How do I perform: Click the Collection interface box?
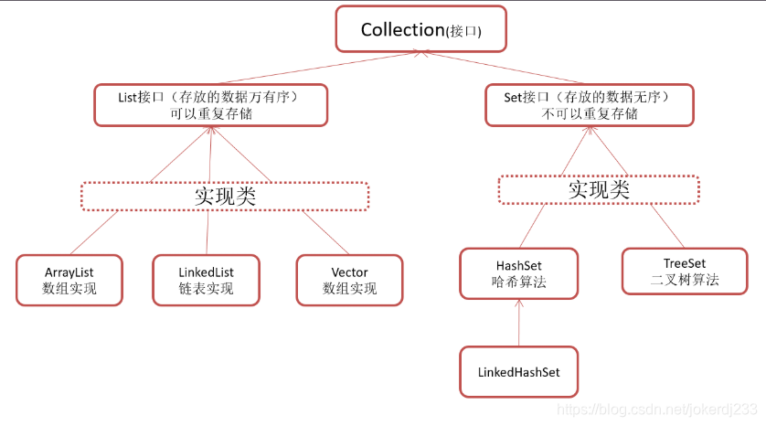point(420,29)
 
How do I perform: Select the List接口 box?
point(210,104)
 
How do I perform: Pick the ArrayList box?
point(69,280)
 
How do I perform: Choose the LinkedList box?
point(206,280)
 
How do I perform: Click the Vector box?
point(349,280)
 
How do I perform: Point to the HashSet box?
point(518,272)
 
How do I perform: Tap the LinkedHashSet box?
point(518,371)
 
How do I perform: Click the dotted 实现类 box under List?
point(224,196)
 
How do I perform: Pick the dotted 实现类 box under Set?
point(599,189)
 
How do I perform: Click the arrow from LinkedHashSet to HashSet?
point(519,325)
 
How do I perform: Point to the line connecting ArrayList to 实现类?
point(93,233)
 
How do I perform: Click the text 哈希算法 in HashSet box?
point(518,282)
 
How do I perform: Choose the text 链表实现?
point(206,289)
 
